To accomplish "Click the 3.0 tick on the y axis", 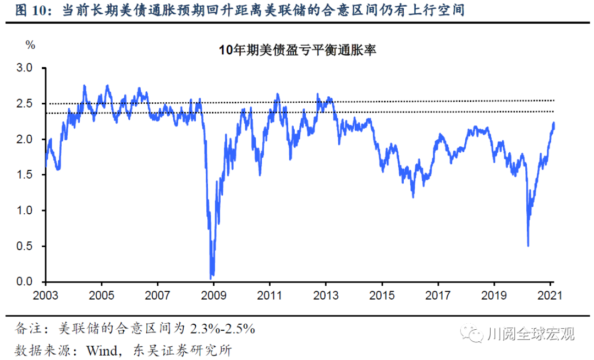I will click(25, 68).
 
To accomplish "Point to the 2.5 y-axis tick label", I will click(25, 103).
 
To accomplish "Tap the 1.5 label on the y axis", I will click(25, 175).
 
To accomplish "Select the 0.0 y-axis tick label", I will click(25, 282).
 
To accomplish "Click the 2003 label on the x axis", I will click(46, 295).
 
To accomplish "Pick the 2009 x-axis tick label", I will click(213, 295).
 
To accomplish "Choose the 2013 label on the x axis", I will click(326, 295).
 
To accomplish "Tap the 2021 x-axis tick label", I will click(549, 295).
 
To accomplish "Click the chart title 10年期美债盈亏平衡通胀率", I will click(297, 50).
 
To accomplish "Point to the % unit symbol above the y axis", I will click(30, 45).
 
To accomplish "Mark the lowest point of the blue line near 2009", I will click(212, 278).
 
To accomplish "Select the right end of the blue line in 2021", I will click(553, 123).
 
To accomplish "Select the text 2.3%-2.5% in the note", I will click(223, 329).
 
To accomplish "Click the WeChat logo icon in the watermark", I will click(473, 334).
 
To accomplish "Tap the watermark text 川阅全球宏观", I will click(531, 334).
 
